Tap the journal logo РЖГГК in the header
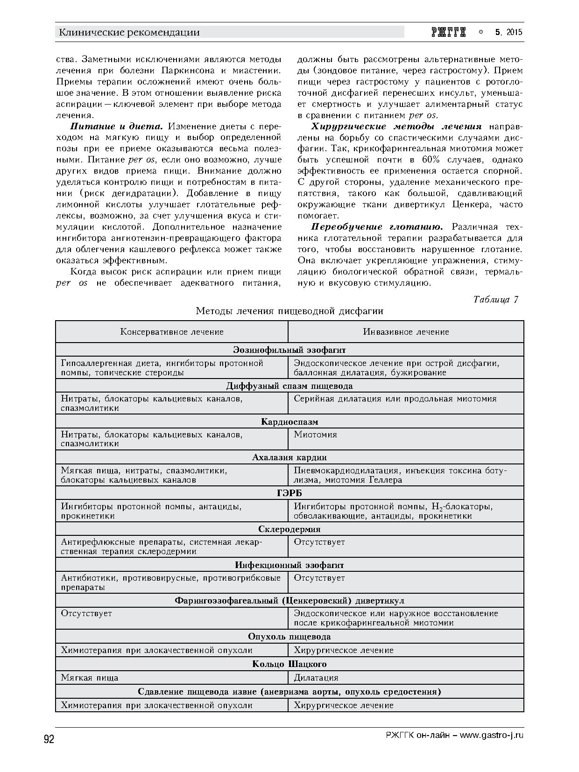[449, 32]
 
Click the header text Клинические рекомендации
[129, 32]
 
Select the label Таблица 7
[495, 299]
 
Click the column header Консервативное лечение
[172, 332]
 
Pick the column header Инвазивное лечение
[406, 332]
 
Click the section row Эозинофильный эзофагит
[289, 350]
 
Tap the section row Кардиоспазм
[289, 421]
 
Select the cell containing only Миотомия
[316, 435]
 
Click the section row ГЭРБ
[289, 493]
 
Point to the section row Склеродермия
[289, 529]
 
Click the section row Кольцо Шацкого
[289, 664]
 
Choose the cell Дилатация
[316, 678]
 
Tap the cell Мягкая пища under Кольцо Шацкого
[90, 678]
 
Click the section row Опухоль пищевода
[289, 637]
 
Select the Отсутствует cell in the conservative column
[86, 613]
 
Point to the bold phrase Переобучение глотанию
[377, 227]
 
